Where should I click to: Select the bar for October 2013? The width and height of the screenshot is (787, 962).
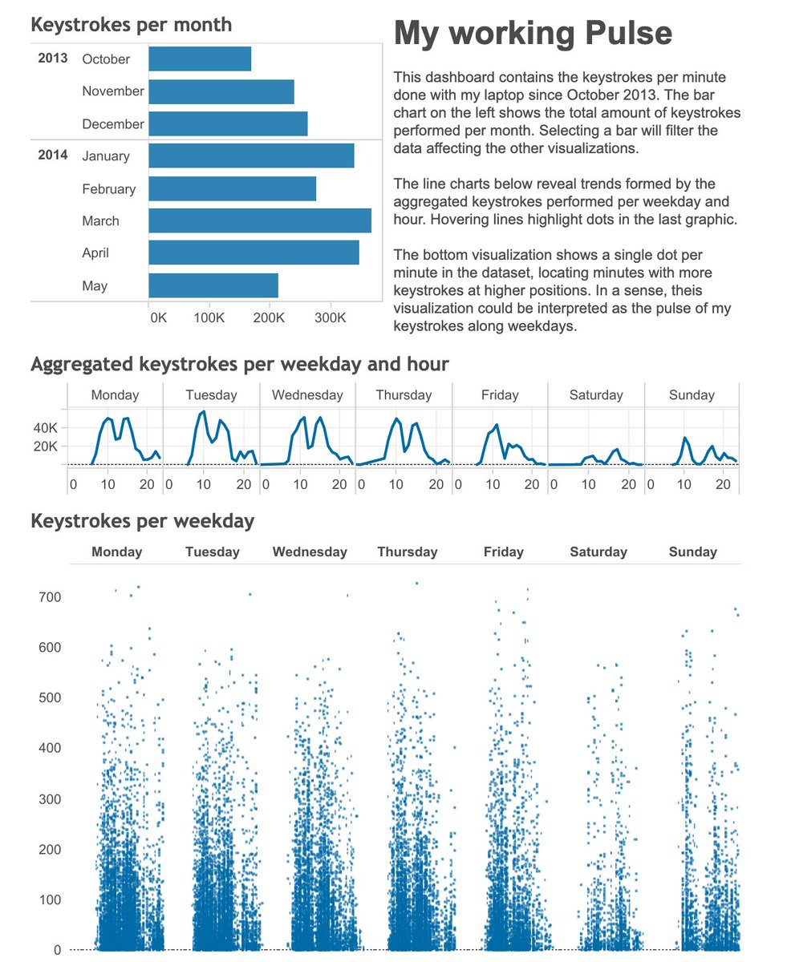tap(200, 59)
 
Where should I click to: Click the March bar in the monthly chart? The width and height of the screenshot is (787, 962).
tap(260, 221)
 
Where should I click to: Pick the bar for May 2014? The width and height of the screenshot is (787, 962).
tap(213, 286)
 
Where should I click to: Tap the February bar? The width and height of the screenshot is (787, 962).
tap(233, 189)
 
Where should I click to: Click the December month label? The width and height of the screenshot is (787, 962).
tap(113, 124)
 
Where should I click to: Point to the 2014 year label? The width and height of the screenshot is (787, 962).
tap(53, 156)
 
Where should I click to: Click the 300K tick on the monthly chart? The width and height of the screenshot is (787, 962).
tap(329, 317)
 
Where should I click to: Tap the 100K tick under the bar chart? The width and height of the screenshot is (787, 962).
tap(209, 317)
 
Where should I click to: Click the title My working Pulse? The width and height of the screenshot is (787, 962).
tap(533, 33)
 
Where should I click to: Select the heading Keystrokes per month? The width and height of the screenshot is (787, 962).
tap(131, 25)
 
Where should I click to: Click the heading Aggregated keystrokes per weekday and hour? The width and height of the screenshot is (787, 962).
tap(239, 365)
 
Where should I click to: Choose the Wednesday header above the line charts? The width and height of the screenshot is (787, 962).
tap(307, 395)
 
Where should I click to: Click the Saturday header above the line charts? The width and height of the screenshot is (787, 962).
tap(596, 395)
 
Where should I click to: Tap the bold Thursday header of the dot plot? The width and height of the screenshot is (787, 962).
tap(408, 552)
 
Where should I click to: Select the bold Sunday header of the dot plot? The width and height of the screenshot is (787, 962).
tap(692, 552)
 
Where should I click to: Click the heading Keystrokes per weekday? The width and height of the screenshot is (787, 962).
tap(142, 521)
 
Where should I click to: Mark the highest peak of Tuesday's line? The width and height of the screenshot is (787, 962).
tap(204, 412)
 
